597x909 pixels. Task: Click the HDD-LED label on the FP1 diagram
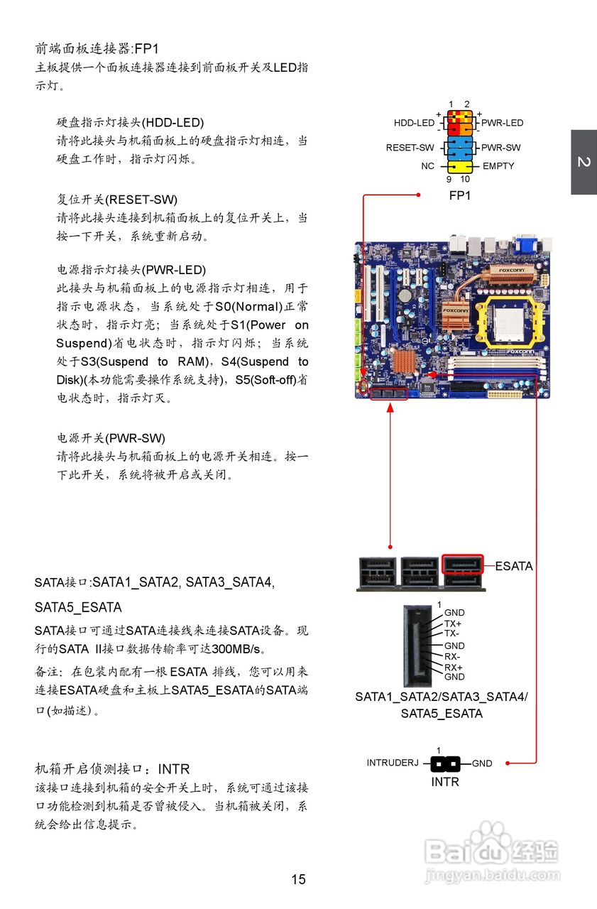(414, 123)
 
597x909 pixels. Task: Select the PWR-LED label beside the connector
(502, 123)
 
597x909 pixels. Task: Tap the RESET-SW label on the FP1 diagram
(410, 148)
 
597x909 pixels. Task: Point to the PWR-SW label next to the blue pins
(500, 148)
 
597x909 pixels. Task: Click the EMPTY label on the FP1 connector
(498, 166)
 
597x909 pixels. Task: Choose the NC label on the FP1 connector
(427, 166)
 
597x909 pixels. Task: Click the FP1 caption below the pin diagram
(459, 195)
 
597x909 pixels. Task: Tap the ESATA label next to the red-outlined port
(513, 566)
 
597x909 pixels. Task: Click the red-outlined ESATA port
(462, 565)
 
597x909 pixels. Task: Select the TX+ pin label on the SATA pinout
(453, 624)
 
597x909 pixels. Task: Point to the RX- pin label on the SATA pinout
(452, 657)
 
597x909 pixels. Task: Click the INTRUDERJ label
(393, 763)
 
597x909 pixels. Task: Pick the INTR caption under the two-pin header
(445, 782)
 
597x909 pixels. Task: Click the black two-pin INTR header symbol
(445, 764)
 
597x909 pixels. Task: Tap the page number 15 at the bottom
(298, 879)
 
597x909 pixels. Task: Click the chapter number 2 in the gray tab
(584, 162)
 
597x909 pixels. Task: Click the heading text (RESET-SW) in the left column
(141, 200)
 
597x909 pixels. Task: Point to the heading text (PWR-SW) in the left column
(138, 437)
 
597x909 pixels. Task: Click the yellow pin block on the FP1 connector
(459, 166)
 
